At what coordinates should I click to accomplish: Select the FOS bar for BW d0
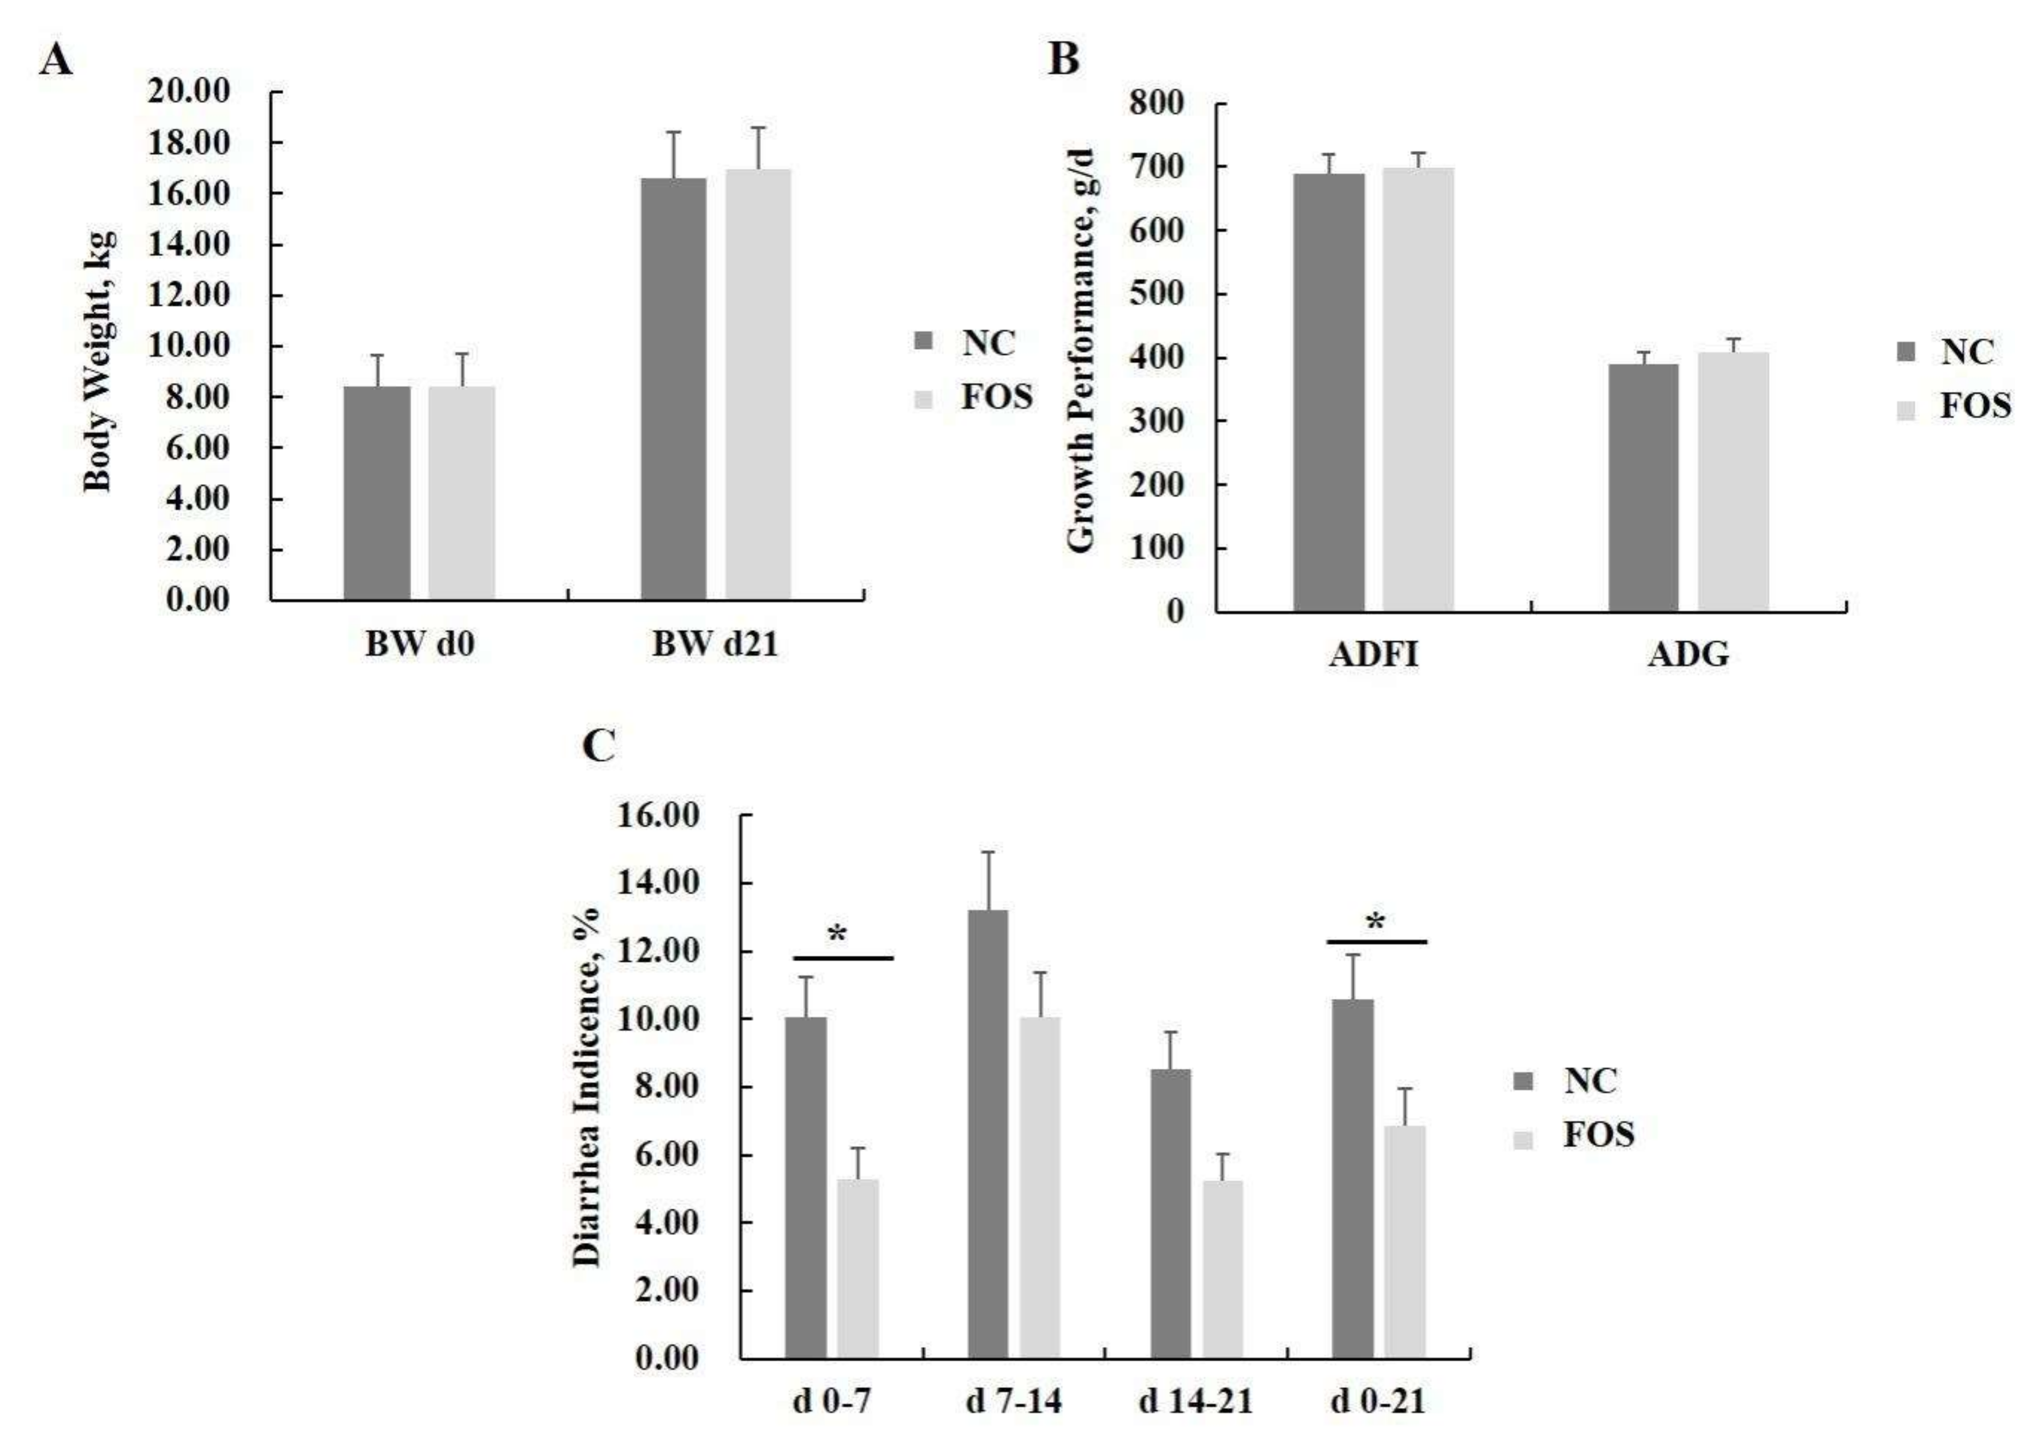click(x=462, y=492)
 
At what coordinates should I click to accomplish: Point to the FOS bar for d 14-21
click(x=1223, y=1269)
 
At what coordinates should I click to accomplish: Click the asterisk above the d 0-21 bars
click(x=1375, y=923)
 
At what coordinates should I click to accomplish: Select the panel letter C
click(x=599, y=746)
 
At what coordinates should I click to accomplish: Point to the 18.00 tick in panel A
click(x=188, y=142)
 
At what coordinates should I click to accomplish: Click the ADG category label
click(x=1688, y=655)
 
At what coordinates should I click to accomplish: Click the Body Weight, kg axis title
click(x=99, y=359)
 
